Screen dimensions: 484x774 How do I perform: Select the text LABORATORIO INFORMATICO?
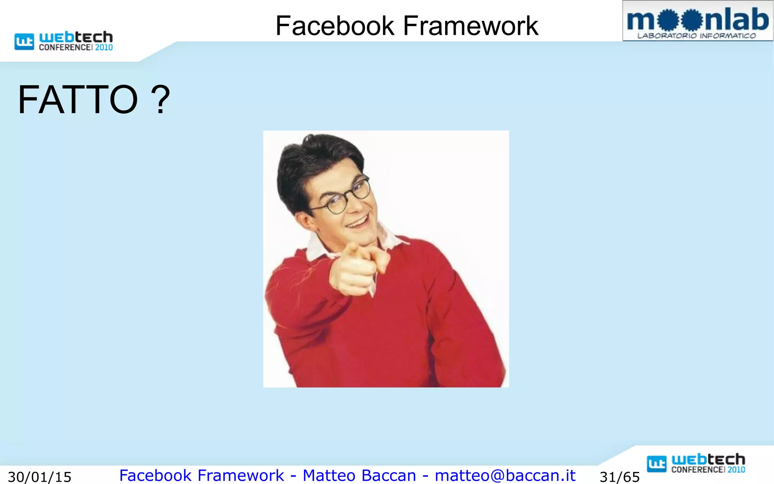(697, 36)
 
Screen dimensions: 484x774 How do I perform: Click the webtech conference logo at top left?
(63, 41)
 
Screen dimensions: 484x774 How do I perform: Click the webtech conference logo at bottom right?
(696, 463)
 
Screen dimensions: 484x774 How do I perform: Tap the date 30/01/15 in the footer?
(40, 477)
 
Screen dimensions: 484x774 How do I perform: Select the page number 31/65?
(619, 477)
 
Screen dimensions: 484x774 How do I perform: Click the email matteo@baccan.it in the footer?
(505, 475)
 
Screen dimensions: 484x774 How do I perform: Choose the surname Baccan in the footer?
(389, 475)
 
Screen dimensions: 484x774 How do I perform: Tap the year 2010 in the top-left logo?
(104, 48)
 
